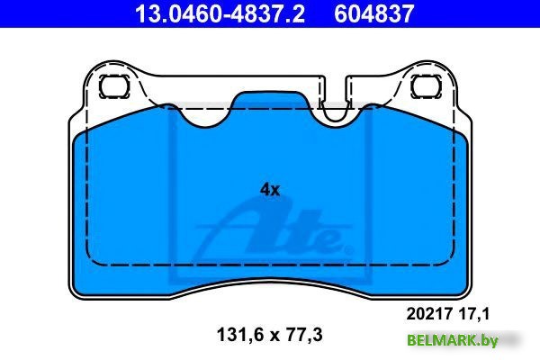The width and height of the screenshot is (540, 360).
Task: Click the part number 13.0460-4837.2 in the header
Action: click(x=220, y=13)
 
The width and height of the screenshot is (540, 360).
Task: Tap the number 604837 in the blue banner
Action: click(x=373, y=13)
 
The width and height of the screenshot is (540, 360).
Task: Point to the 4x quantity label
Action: click(x=270, y=190)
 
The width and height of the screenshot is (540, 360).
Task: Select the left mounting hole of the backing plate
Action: click(x=114, y=86)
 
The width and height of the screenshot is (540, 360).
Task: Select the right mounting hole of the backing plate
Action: click(x=426, y=86)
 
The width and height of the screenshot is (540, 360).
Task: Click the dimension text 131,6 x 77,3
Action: click(x=270, y=335)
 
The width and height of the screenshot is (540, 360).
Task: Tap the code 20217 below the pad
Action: click(x=429, y=314)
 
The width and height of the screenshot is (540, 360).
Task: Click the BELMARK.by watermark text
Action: click(x=453, y=340)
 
